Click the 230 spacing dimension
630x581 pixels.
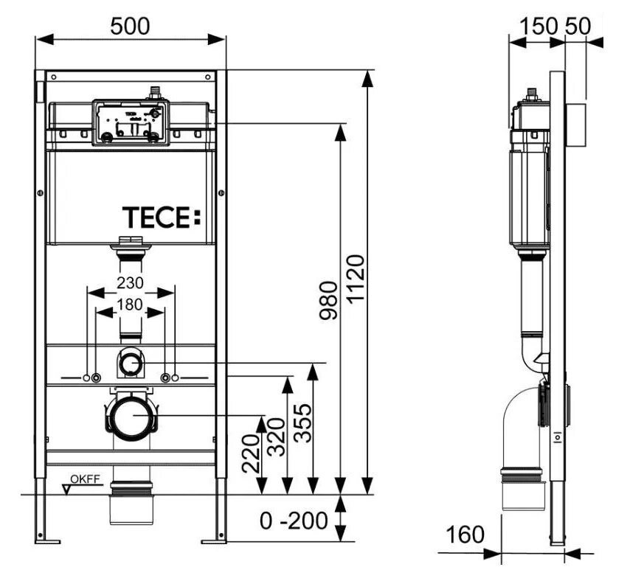(x=131, y=283)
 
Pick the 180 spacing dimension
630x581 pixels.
(x=131, y=304)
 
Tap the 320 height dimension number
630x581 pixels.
(x=275, y=437)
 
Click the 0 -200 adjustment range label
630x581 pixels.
(x=293, y=521)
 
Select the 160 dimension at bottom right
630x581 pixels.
(x=465, y=533)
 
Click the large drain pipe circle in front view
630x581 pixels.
(x=131, y=416)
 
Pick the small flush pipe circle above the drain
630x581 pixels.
(x=131, y=363)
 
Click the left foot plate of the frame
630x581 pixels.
(x=48, y=541)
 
